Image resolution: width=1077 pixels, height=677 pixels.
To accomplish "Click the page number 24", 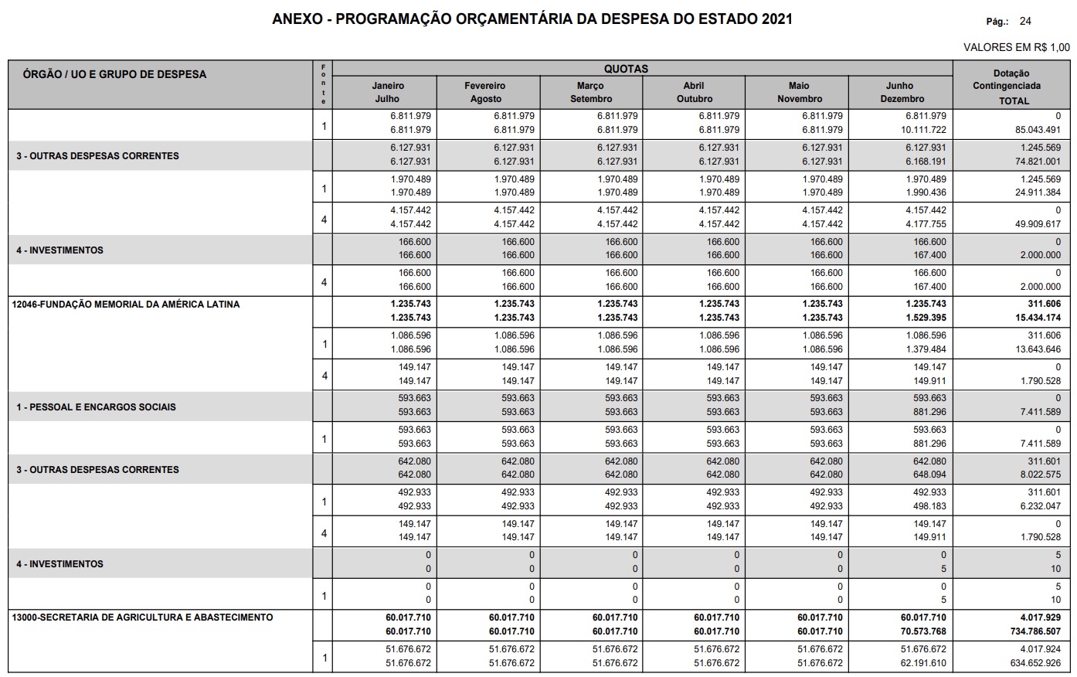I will tap(1025, 22).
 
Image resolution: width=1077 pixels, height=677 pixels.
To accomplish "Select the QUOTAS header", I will tap(626, 69).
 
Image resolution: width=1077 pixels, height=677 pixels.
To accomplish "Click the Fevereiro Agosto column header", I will tap(485, 92).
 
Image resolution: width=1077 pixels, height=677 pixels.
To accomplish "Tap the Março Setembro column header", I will tap(591, 92).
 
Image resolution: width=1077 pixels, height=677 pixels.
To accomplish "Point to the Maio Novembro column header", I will tap(800, 92).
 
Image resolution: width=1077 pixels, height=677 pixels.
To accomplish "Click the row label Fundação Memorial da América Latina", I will tap(126, 304).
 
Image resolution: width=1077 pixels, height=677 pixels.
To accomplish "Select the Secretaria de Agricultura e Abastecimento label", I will tap(142, 617).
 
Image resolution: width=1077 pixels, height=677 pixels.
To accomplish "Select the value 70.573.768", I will tap(922, 631).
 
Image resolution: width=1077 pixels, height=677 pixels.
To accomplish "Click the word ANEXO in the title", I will tap(296, 19).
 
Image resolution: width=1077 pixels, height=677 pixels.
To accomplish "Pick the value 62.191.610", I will tap(922, 663).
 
